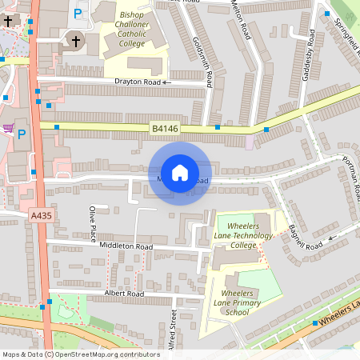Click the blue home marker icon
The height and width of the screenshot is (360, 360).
pyautogui.click(x=180, y=172)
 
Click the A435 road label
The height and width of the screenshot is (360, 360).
pyautogui.click(x=41, y=216)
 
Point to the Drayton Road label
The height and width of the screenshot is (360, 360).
pyautogui.click(x=138, y=82)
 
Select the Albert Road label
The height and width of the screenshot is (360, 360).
pyautogui.click(x=124, y=294)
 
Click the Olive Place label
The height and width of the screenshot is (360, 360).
pyautogui.click(x=94, y=225)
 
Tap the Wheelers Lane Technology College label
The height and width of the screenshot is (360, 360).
pyautogui.click(x=244, y=236)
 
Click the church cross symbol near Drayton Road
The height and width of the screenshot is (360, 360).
pyautogui.click(x=76, y=41)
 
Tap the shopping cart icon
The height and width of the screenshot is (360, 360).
pyautogui.click(x=8, y=128)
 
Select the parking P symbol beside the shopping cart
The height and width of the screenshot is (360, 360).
pyautogui.click(x=22, y=134)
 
